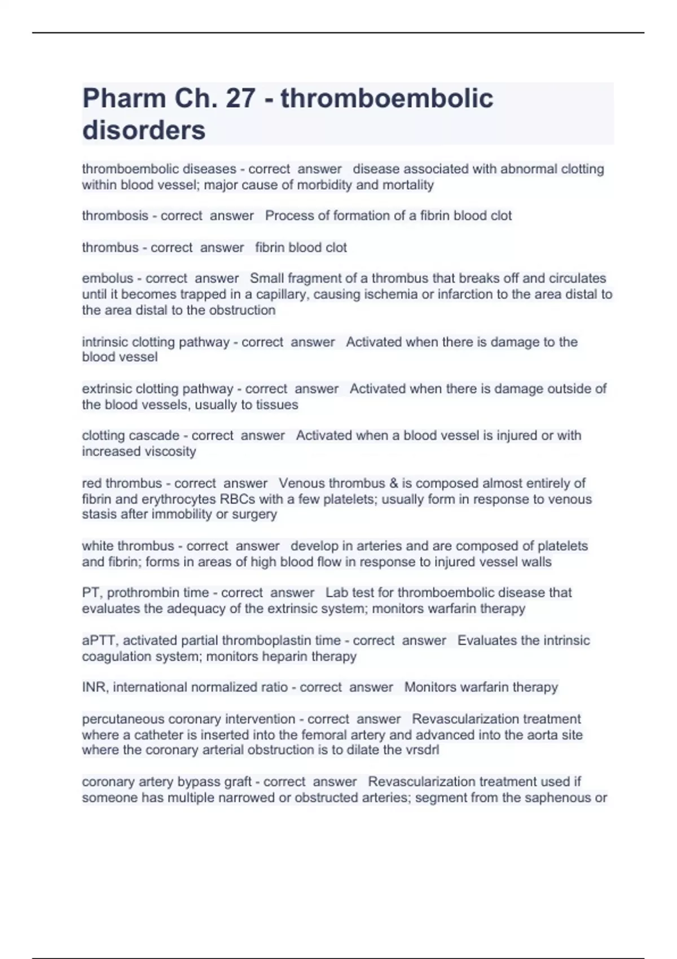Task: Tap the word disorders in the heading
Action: tap(144, 130)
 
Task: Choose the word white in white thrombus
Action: tap(98, 546)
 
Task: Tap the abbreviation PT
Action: tap(90, 593)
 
